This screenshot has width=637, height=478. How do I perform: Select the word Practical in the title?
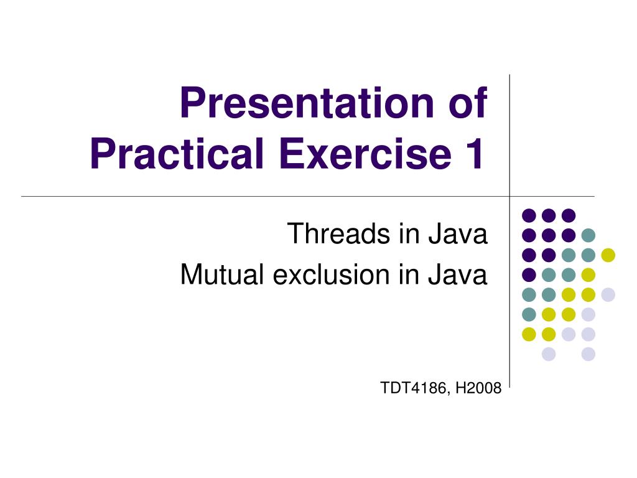coord(177,153)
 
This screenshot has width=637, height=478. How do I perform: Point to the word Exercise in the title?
coord(365,153)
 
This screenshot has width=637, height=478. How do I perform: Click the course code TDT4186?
coord(414,388)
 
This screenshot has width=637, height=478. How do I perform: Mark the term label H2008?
coord(478,388)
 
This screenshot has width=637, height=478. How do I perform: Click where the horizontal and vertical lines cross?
coord(509,196)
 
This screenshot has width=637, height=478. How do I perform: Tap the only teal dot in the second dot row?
coord(588,235)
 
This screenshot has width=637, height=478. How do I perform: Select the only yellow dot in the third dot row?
coord(608,255)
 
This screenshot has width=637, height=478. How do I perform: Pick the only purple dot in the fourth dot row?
coord(529,274)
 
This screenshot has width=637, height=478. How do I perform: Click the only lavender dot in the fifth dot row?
coord(608,294)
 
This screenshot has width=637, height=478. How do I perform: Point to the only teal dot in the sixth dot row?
coord(529,314)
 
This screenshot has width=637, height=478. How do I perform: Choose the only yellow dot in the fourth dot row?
coord(588,274)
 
